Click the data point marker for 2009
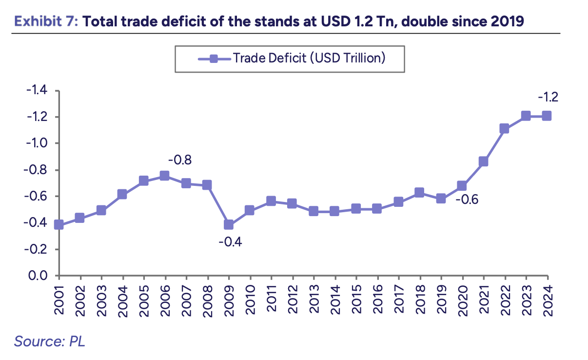pyautogui.click(x=229, y=224)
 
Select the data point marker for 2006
pyautogui.click(x=165, y=176)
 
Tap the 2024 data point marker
pyautogui.click(x=547, y=116)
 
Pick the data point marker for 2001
pyautogui.click(x=59, y=224)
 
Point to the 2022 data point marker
pyautogui.click(x=504, y=128)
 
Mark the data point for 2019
pyautogui.click(x=441, y=199)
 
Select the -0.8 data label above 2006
pyautogui.click(x=179, y=160)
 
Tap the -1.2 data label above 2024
pyautogui.click(x=548, y=97)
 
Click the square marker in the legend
pyautogui.click(x=214, y=58)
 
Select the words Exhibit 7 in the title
pyautogui.click(x=45, y=21)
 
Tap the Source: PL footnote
pyautogui.click(x=49, y=341)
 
